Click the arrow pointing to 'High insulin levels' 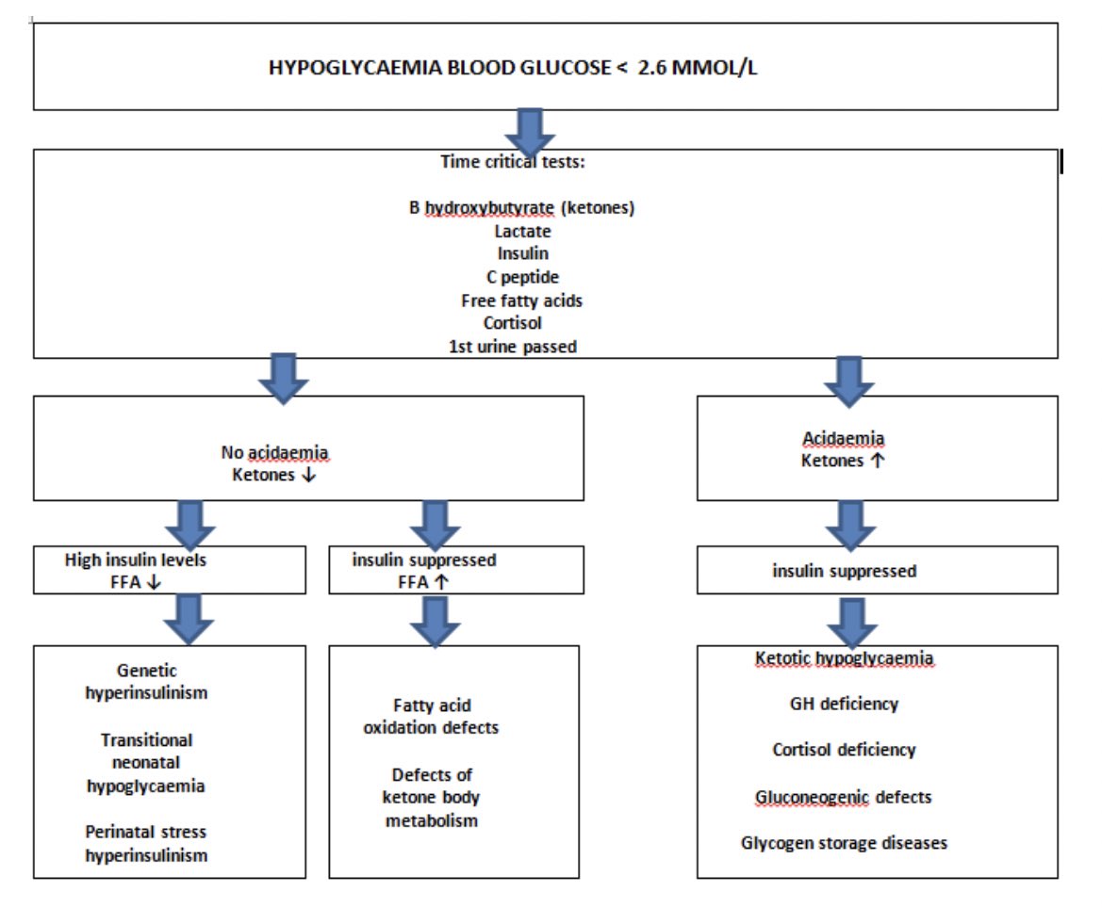point(191,524)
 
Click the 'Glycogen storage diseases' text point(844,843)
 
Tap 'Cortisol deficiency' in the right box point(844,750)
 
